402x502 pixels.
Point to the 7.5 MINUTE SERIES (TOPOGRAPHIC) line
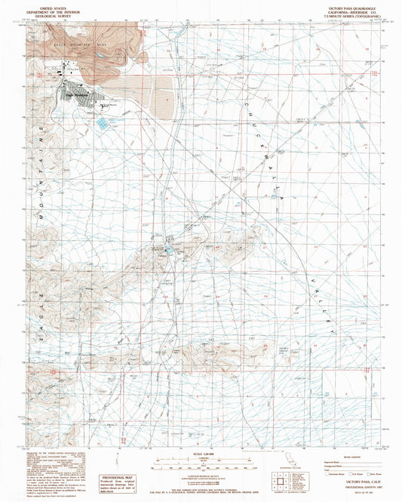pos(345,13)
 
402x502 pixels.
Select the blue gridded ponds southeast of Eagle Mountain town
pos(102,119)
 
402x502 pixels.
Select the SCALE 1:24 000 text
pos(199,452)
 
